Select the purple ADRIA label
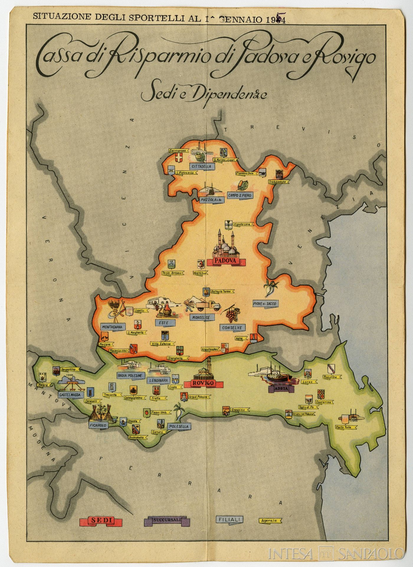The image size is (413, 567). click(x=281, y=389)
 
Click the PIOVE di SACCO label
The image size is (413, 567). click(x=265, y=304)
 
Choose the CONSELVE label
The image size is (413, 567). click(x=232, y=328)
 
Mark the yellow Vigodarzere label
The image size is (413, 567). click(x=242, y=224)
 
